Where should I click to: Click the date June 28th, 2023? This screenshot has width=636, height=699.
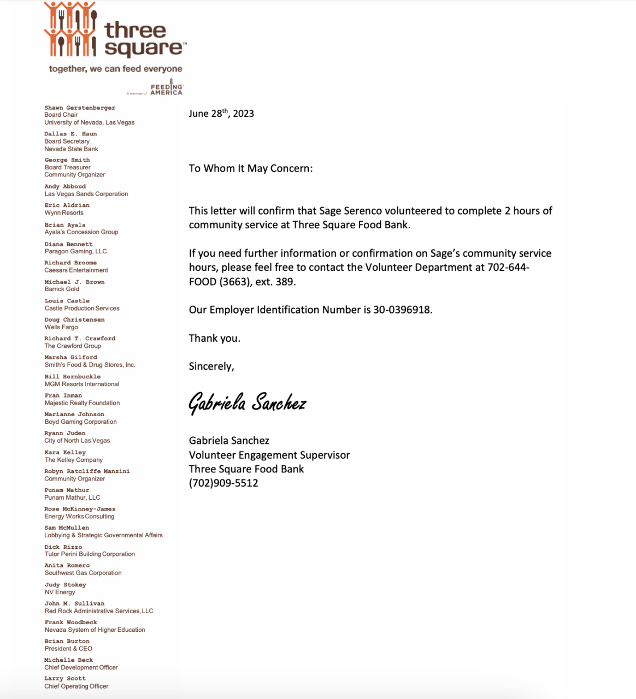click(x=221, y=114)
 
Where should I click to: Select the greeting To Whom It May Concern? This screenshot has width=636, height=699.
click(x=251, y=168)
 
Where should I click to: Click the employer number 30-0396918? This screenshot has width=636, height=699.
click(x=402, y=310)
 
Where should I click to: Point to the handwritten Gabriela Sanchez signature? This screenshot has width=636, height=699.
click(x=247, y=403)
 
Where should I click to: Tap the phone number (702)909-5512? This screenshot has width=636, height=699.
click(x=223, y=483)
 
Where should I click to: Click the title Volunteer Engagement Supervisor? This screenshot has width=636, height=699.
click(x=269, y=455)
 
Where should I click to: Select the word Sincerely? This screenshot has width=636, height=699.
click(x=211, y=366)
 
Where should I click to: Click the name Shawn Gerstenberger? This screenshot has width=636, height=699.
click(x=80, y=108)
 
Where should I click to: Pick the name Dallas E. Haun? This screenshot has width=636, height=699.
click(x=70, y=134)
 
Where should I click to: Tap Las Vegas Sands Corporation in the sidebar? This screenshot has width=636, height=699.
click(x=86, y=194)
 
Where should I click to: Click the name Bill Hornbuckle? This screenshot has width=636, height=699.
click(x=73, y=377)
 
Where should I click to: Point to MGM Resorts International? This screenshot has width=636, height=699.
click(x=82, y=384)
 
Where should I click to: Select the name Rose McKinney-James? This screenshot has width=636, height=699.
click(x=80, y=509)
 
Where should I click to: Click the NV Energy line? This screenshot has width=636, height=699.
click(x=60, y=592)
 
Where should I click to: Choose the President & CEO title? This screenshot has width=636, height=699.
click(x=68, y=649)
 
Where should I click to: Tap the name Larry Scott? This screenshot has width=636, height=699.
click(x=65, y=679)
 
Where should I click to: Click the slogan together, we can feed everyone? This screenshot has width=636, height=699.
click(x=116, y=69)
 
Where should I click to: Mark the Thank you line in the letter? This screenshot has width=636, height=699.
click(x=215, y=338)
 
